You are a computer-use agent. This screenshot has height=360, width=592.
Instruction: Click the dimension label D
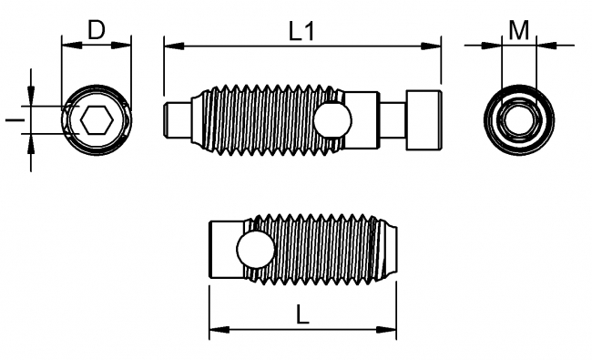click(96, 30)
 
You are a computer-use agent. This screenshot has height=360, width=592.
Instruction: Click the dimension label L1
click(301, 31)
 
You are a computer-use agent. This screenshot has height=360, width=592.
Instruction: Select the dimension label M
click(519, 31)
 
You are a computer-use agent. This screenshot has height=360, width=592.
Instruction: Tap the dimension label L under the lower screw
click(303, 316)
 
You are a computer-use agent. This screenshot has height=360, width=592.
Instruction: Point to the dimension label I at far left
click(10, 119)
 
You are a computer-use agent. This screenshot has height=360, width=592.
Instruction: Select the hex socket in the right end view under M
click(519, 120)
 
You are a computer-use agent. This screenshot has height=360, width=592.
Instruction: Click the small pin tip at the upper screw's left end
click(175, 119)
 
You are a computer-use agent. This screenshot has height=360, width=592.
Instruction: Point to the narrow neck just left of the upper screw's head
click(390, 119)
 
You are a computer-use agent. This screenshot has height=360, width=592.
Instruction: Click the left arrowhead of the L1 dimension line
click(169, 43)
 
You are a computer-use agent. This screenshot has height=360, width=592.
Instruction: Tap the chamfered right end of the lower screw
click(390, 249)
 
